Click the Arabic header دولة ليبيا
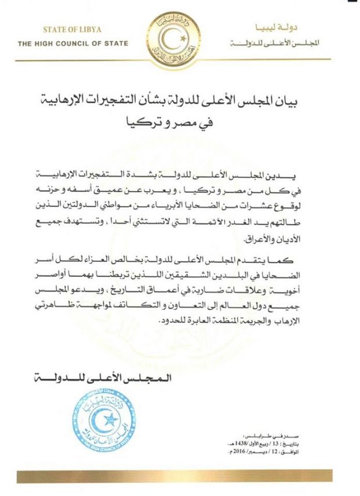pos(287,29)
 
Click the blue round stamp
pos(96,420)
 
